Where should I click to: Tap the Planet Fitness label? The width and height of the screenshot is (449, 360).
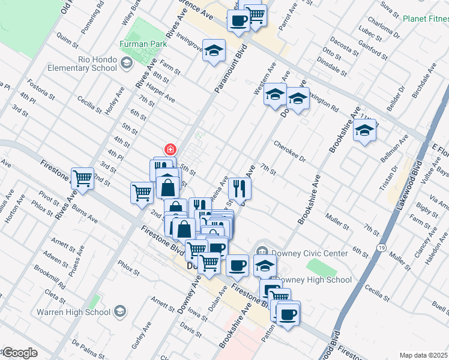click(425, 19)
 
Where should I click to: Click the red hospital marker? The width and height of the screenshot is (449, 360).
click(170, 149)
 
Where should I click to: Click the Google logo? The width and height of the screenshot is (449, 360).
click(19, 353)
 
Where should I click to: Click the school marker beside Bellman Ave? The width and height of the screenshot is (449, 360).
click(364, 131)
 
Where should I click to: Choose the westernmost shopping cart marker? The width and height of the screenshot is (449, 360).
click(83, 178)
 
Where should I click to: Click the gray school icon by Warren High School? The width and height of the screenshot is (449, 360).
click(120, 311)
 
